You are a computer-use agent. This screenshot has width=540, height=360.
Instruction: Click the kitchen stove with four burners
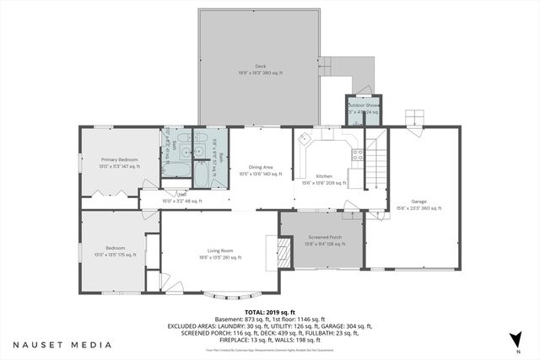point(357,154)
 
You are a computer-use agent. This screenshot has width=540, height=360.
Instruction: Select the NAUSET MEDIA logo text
point(62,345)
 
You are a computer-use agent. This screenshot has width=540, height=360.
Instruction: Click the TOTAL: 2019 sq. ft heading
point(269,311)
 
